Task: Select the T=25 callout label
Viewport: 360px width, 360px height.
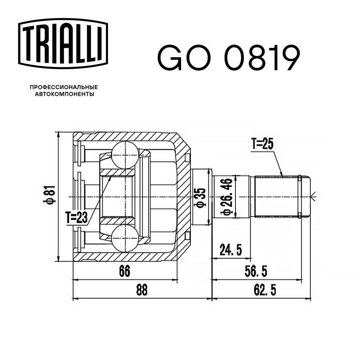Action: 263,144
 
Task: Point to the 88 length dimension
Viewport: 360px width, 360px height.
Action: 142,291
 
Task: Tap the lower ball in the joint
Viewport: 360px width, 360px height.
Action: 125,238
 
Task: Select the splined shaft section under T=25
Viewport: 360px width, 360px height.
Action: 276,197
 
